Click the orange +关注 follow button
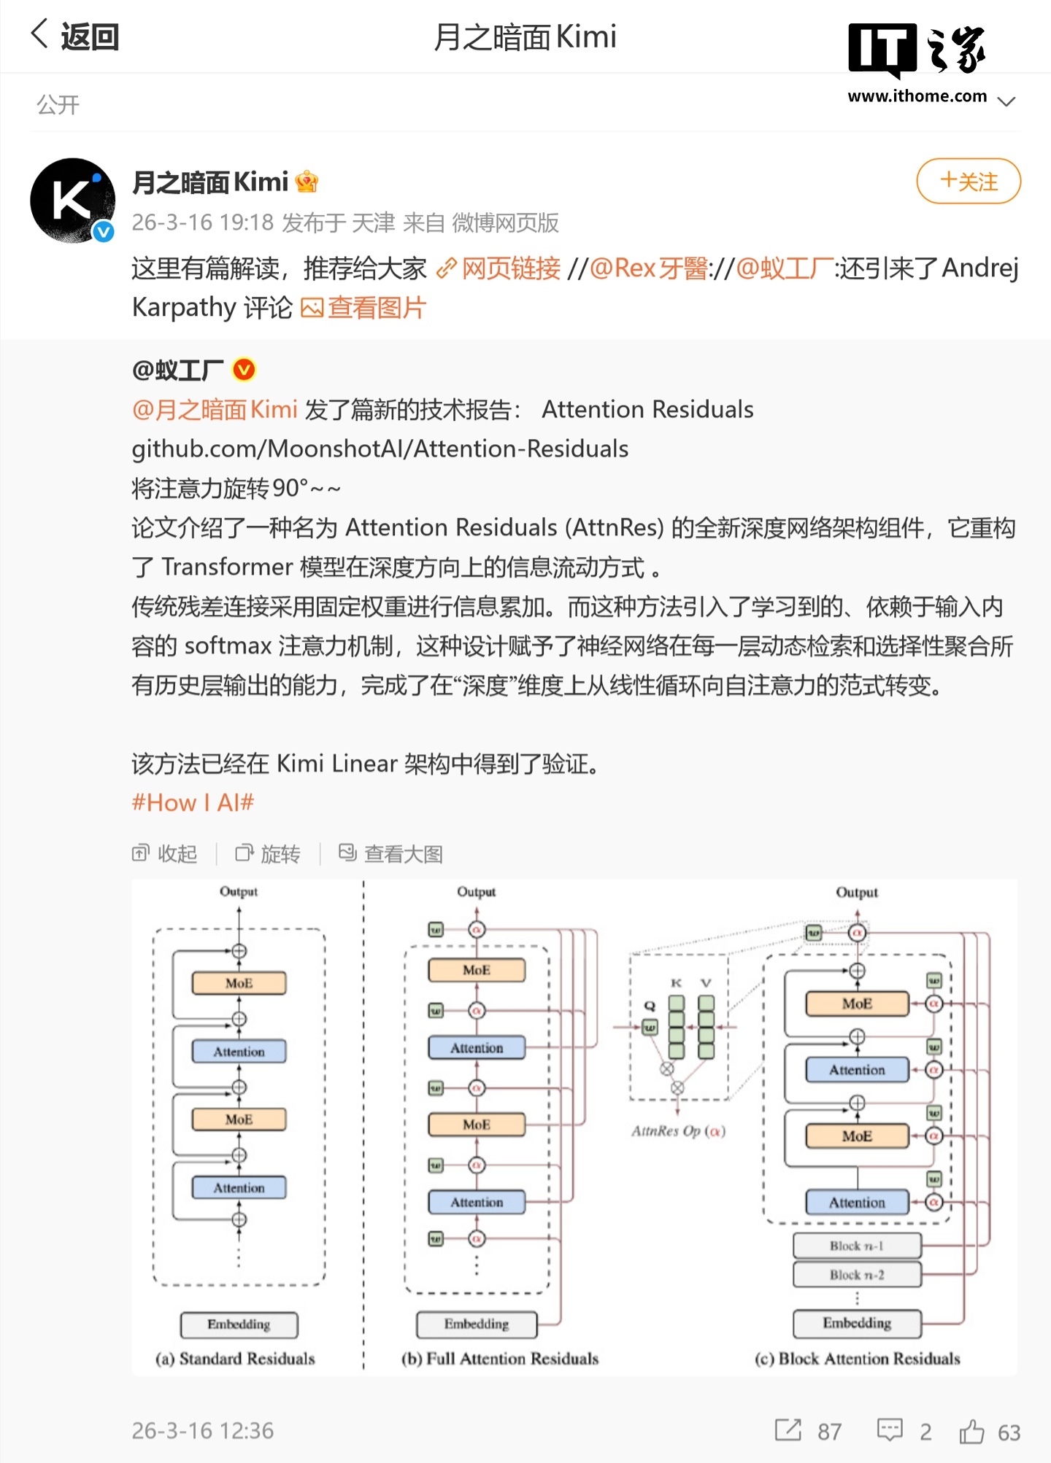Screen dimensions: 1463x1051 pyautogui.click(x=968, y=181)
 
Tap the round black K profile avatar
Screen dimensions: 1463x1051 pyautogui.click(x=72, y=200)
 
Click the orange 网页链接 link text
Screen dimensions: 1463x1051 pyautogui.click(x=510, y=268)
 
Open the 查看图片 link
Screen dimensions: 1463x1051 pyautogui.click(x=375, y=308)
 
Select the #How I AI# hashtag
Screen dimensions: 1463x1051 pyautogui.click(x=193, y=803)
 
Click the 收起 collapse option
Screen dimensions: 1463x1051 pyautogui.click(x=165, y=853)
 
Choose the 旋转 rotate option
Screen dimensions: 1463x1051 pyautogui.click(x=268, y=853)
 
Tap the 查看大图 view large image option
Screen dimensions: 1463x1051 pyautogui.click(x=391, y=853)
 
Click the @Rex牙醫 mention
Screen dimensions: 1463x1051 pyautogui.click(x=647, y=268)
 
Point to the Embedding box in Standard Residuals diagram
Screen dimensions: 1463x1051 pyautogui.click(x=239, y=1324)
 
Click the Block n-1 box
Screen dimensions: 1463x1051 pyautogui.click(x=857, y=1246)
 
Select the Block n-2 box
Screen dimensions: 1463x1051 pyautogui.click(x=857, y=1275)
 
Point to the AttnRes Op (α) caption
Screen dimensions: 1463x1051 pyautogui.click(x=678, y=1131)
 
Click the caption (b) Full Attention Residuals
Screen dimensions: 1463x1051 pyautogui.click(x=500, y=1358)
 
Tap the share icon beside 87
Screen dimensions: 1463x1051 pyautogui.click(x=788, y=1430)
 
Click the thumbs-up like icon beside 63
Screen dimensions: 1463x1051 pyautogui.click(x=971, y=1431)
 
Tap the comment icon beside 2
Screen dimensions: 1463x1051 pyautogui.click(x=890, y=1430)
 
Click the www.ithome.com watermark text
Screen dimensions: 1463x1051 pyautogui.click(x=917, y=96)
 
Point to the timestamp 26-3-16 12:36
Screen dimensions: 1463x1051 pyautogui.click(x=202, y=1431)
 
